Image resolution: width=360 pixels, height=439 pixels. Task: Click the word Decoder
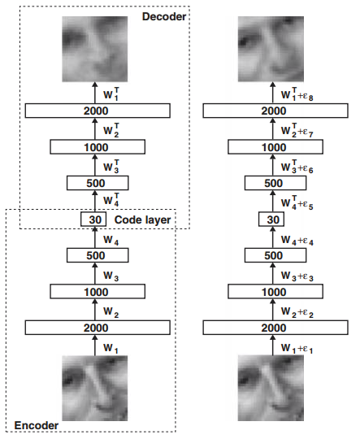[x=164, y=16]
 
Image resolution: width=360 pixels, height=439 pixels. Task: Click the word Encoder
[x=37, y=425]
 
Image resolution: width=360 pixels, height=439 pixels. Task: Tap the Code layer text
[x=142, y=220]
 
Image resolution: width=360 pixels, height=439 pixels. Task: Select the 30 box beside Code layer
[x=93, y=219]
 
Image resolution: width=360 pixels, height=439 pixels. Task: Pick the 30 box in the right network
[x=271, y=219]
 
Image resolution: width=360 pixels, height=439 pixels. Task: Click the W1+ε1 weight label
[x=297, y=349]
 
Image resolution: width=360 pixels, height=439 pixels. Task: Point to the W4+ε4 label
[x=297, y=241]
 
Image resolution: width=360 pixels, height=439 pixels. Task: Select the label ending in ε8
[x=297, y=94]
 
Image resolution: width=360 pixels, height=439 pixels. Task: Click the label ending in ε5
[x=297, y=203]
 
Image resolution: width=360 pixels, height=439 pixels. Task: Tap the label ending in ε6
[x=297, y=167]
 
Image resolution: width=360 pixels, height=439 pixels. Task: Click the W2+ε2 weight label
[x=297, y=312]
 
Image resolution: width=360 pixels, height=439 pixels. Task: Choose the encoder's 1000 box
[x=98, y=292]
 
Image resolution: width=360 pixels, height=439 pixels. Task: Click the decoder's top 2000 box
[x=98, y=111]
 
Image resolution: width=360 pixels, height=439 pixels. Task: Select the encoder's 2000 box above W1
[x=98, y=328]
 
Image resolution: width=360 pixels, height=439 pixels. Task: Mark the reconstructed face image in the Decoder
[x=94, y=49]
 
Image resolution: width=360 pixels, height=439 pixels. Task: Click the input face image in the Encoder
[x=94, y=388]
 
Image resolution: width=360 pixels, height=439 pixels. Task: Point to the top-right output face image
[x=271, y=49]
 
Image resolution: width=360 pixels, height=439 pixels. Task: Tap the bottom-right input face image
[x=271, y=388]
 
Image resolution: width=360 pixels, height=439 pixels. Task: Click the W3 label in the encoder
[x=111, y=276]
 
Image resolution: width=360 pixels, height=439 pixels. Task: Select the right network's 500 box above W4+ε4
[x=275, y=255]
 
